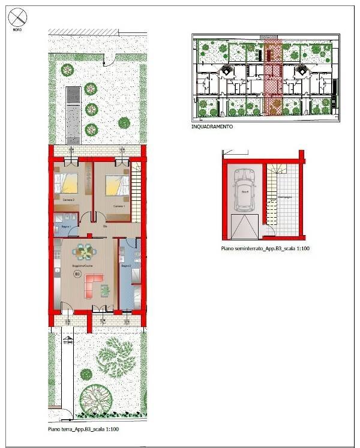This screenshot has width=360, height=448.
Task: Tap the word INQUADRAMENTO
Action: pos(211,127)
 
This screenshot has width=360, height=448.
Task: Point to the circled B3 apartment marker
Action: pos(77,274)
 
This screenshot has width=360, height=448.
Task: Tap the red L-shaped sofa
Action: pos(94,284)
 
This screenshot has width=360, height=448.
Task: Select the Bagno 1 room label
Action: pos(65,227)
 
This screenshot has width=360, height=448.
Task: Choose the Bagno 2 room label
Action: pos(126,265)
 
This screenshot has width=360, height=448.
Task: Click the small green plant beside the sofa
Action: pos(106,290)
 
